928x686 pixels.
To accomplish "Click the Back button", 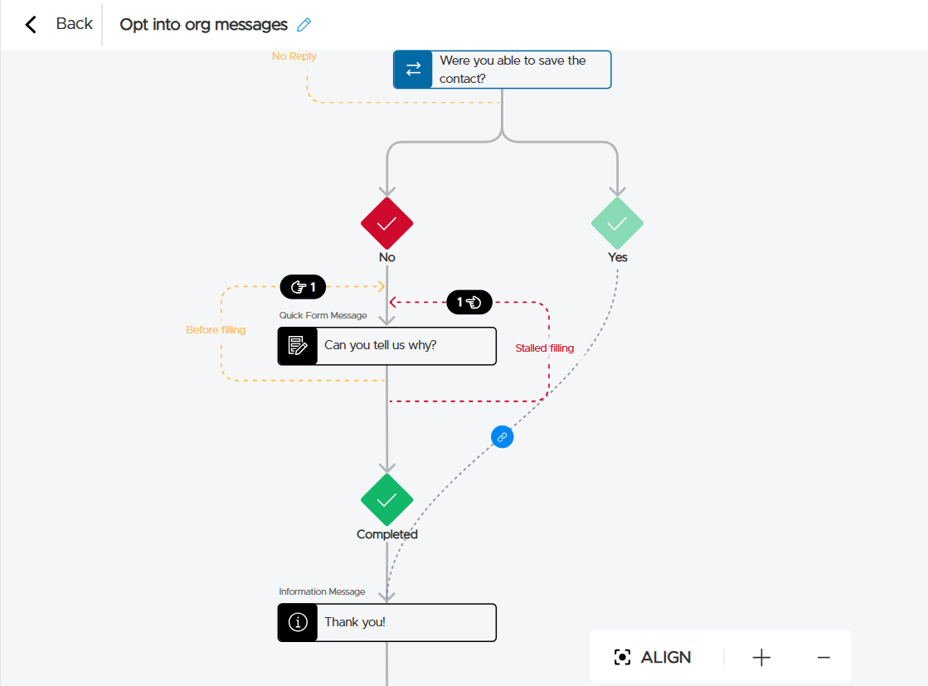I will point(59,24).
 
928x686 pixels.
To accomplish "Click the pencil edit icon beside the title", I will point(304,25).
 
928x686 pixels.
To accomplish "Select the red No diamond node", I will point(386,223).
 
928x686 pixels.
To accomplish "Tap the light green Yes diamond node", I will point(617,223).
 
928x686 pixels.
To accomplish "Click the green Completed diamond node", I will point(386,499).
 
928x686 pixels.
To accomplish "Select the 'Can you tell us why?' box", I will point(386,346).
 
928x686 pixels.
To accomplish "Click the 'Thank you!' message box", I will point(386,622).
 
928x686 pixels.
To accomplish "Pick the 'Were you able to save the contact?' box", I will point(502,70).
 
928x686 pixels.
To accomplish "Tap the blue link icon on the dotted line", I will point(502,436).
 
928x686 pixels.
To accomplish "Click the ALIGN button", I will point(653,657).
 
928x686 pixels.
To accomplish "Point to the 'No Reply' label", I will point(294,56).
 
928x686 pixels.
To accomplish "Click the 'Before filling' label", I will point(216,330).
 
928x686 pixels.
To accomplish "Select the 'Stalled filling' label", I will point(544,348).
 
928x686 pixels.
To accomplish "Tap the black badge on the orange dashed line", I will point(303,287).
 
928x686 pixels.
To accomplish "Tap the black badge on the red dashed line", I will point(469,302).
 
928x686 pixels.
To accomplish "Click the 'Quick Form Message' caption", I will point(323,315).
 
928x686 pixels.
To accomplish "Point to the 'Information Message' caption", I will point(322,591).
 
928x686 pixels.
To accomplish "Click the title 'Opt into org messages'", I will point(203,25).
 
